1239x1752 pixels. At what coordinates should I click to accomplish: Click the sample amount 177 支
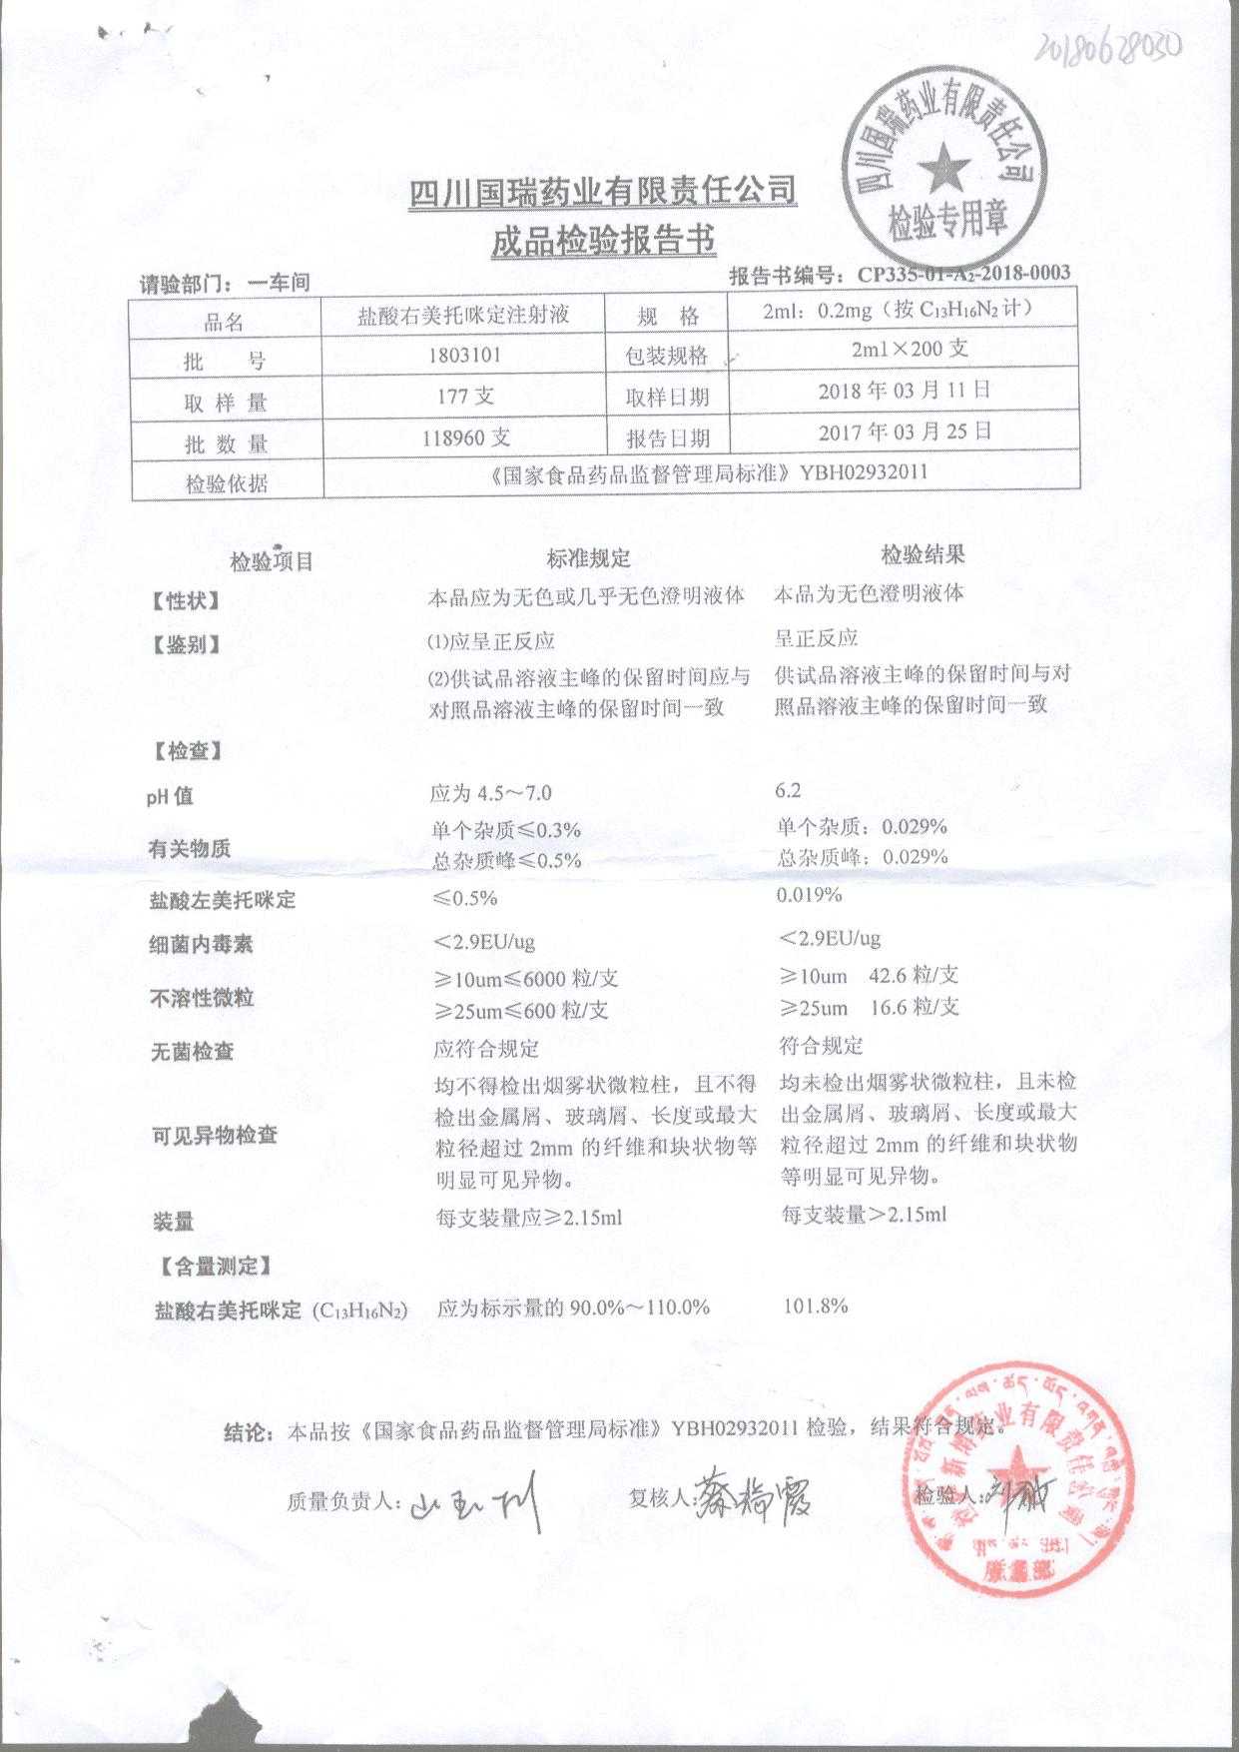point(465,396)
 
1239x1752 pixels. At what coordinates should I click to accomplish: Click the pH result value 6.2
point(788,790)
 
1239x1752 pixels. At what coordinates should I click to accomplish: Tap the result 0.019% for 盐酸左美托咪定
point(809,895)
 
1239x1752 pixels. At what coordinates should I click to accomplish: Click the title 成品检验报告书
point(603,241)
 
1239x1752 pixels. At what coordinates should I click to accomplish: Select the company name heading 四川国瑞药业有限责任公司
point(603,190)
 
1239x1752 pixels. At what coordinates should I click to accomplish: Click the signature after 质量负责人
point(477,1502)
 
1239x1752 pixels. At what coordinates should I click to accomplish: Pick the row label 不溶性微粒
point(202,997)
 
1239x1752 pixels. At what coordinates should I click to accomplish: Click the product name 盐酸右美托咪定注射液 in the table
point(464,317)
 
